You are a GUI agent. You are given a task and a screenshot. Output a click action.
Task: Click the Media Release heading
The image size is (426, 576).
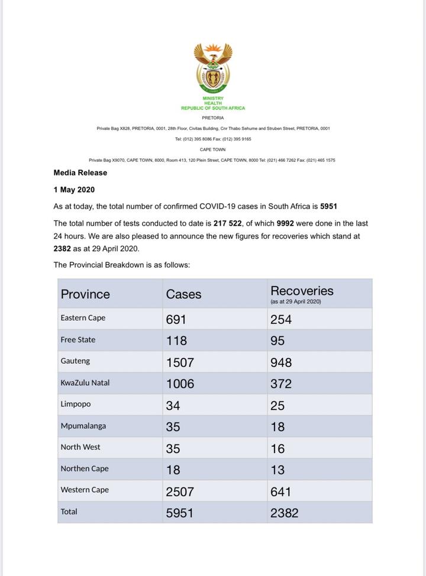tap(80, 173)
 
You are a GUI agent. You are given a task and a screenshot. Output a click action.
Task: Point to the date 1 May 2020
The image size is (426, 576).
tap(74, 190)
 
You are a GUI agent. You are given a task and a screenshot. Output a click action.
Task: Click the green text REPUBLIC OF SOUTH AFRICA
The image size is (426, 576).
tap(212, 108)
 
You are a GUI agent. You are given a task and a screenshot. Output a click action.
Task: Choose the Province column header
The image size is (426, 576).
tap(85, 294)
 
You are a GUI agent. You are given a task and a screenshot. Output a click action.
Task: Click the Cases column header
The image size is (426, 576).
tap(183, 294)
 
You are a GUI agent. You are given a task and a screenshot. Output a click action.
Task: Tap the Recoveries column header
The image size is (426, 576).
tap(302, 291)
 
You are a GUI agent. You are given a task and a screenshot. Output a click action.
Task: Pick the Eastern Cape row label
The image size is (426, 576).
tap(83, 318)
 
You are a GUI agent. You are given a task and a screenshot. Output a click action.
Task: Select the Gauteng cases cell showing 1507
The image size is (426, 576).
tap(179, 362)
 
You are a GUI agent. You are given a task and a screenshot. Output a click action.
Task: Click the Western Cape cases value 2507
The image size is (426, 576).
tap(179, 492)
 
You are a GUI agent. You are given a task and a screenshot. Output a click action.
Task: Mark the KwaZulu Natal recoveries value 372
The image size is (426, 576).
tap(281, 384)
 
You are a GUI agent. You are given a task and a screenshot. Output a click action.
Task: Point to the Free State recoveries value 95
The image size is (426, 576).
tap(277, 341)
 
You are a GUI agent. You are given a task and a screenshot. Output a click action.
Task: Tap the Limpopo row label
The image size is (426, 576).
tap(75, 405)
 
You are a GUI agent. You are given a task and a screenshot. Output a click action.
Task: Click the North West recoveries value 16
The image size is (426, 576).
tap(277, 449)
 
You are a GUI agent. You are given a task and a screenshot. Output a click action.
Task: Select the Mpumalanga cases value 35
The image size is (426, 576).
tap(173, 427)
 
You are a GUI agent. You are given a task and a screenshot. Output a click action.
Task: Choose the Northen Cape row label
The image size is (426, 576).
tap(85, 469)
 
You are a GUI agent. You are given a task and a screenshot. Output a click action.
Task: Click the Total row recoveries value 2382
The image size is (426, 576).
tap(284, 513)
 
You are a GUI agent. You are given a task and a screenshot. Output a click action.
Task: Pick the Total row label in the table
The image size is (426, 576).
tap(69, 512)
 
